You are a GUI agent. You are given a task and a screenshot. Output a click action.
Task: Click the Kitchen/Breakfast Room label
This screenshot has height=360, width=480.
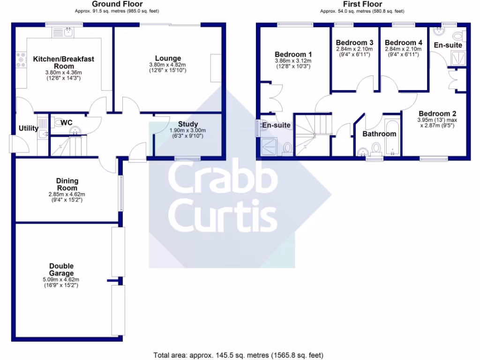click(x=64, y=62)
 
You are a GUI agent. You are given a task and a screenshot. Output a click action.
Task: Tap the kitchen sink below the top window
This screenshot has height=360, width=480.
click(x=62, y=32)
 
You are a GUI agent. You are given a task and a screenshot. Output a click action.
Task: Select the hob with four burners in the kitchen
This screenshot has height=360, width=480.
click(x=21, y=60)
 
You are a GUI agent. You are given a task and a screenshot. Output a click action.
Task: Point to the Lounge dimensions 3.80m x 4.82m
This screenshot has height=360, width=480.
click(x=167, y=65)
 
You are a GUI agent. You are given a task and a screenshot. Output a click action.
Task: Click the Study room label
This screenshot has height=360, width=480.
click(x=187, y=124)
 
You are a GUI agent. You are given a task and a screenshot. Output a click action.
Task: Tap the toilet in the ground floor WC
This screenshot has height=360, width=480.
click(x=59, y=123)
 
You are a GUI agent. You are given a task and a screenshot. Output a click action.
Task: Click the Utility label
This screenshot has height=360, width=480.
click(x=29, y=128)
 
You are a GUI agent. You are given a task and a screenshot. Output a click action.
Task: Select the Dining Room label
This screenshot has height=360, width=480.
click(x=67, y=184)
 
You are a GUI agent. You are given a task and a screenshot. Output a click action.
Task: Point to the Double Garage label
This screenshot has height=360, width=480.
click(x=61, y=270)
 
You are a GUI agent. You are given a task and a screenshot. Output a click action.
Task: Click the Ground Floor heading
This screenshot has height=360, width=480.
click(x=117, y=4)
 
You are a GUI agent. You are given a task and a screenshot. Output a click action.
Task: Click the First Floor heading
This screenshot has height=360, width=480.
click(x=362, y=4)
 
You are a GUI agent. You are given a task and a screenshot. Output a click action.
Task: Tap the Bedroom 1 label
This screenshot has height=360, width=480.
click(x=293, y=54)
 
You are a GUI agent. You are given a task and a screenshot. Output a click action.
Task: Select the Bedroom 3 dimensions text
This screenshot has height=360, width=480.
click(x=354, y=52)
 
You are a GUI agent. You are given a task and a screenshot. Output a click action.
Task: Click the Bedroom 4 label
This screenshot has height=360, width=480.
click(x=404, y=43)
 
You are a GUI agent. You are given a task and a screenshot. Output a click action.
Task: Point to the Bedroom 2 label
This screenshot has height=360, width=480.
click(x=437, y=113)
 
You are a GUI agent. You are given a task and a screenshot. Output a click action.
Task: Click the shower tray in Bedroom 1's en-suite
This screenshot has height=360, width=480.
click(x=269, y=147)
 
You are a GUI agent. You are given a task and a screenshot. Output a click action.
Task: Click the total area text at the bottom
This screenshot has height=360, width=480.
click(x=238, y=355)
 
